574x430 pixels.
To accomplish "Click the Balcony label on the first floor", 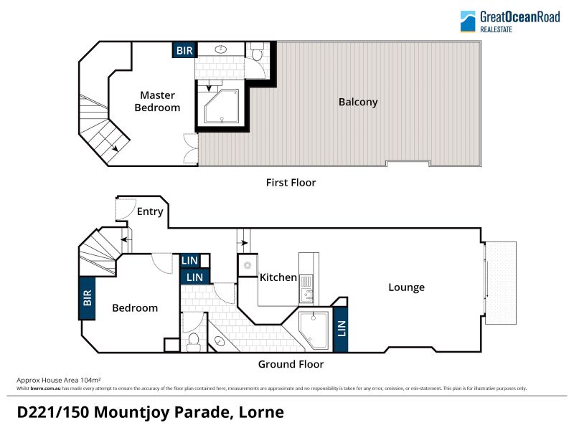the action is (358, 102).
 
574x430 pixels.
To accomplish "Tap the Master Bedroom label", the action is (157, 101).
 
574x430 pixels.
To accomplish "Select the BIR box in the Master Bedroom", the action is (184, 50).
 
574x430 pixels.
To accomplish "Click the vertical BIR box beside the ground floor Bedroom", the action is (87, 298).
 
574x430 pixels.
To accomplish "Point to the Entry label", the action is (150, 211).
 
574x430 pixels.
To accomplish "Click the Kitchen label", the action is (278, 277).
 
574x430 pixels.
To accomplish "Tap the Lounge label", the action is (406, 287).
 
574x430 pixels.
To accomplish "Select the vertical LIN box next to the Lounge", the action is (340, 329).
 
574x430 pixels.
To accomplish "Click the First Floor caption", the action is (291, 183).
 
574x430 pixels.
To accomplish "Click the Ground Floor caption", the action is (291, 364).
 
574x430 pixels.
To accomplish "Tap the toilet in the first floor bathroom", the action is (258, 52).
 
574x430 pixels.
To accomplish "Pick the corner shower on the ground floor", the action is (314, 330).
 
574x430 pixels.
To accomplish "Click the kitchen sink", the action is (306, 294).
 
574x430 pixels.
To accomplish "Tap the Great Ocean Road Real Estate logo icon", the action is (468, 21).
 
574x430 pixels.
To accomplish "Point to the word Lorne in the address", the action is (261, 413).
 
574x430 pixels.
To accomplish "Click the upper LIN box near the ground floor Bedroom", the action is (189, 260).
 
